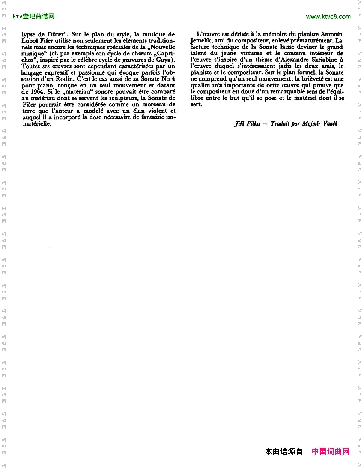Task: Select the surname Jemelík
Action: (202, 41)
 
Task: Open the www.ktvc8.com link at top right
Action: (328, 17)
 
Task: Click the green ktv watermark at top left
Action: (34, 17)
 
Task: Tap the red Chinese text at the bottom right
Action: (331, 451)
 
